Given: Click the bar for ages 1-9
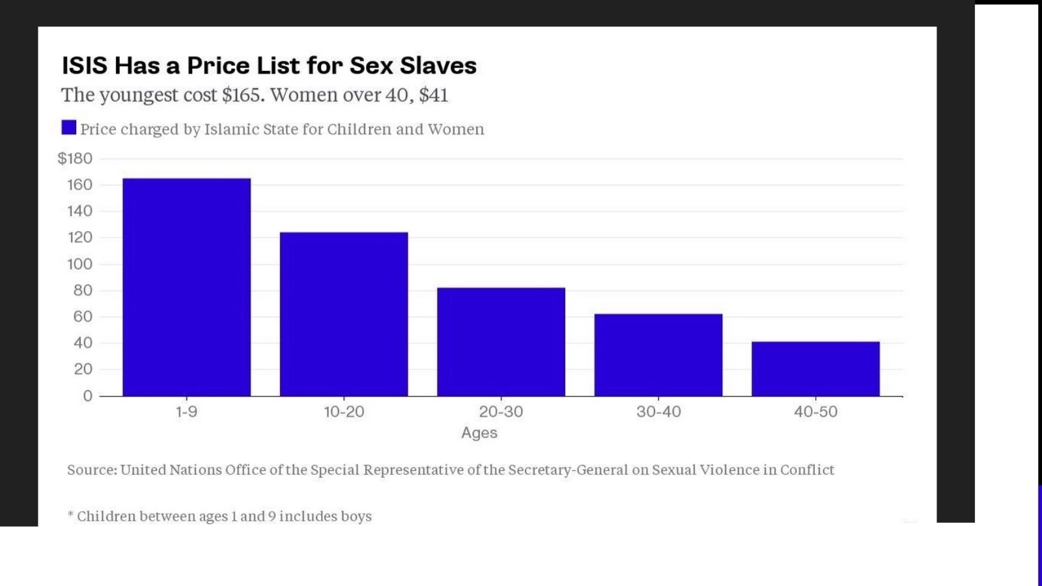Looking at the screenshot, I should coord(186,287).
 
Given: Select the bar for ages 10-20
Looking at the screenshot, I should coord(344,314).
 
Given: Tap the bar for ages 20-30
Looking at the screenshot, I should coord(501,342).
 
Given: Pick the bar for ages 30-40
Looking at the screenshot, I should coord(658,355).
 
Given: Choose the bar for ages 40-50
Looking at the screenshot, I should coord(815,369).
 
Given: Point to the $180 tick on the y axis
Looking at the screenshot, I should coord(75,158).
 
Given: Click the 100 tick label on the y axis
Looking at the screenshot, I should coord(79,264).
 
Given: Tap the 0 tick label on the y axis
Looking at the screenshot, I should coord(87,396).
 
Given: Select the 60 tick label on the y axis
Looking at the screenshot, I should coord(83,316).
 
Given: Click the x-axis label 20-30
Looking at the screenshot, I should coord(501,412).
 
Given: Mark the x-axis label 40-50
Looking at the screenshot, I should coord(815,412).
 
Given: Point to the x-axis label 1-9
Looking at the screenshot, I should coord(186,412).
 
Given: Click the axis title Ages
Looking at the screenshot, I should coord(479,433).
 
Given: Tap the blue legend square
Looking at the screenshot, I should coord(68,127).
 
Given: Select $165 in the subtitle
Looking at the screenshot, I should coord(243,95).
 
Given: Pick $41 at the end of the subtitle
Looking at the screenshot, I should coord(433,95).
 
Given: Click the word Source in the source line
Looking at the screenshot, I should coord(91,470).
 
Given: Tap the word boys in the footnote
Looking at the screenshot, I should coord(356,516).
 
